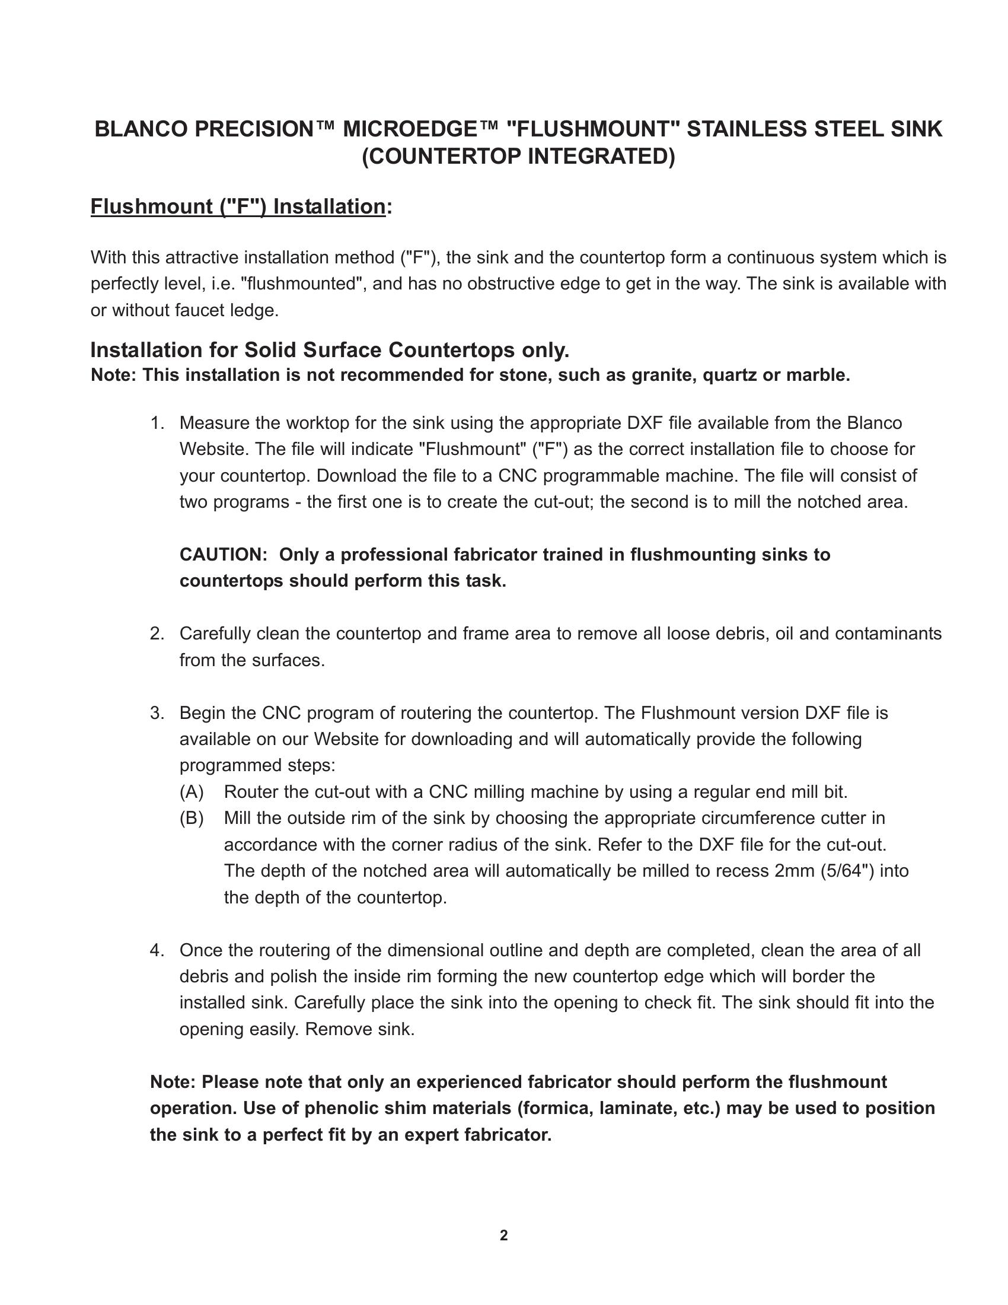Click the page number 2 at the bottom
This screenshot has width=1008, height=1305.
[x=503, y=1235]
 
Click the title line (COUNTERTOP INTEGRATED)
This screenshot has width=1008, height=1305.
[x=518, y=156]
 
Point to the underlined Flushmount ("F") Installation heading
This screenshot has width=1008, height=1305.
[x=238, y=206]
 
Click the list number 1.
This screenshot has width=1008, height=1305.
[x=157, y=423]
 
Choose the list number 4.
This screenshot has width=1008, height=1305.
[x=157, y=950]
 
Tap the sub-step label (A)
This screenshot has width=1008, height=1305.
[x=192, y=792]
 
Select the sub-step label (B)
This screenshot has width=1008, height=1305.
[x=192, y=818]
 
